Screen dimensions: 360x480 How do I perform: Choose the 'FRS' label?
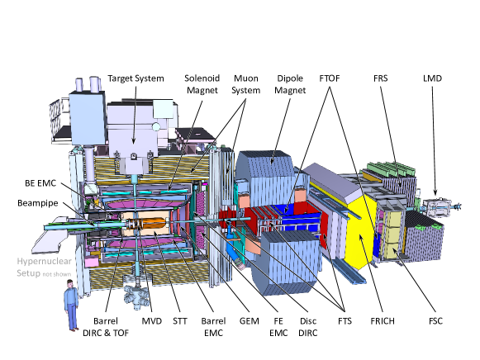coord(381,78)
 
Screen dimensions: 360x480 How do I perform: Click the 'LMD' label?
coord(432,78)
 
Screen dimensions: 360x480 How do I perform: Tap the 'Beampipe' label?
coord(37,202)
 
